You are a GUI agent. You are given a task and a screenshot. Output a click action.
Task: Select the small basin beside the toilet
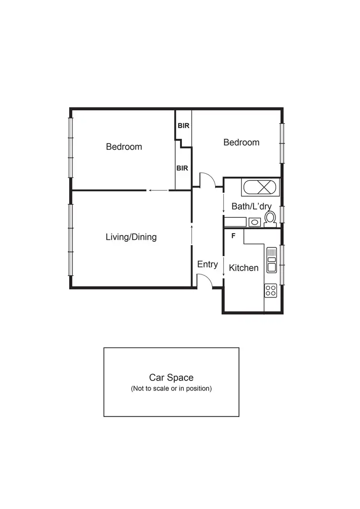[x=254, y=222]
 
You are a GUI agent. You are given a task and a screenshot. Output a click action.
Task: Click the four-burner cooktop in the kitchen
[x=271, y=290]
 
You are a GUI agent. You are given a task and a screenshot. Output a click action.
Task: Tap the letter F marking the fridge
[x=233, y=236]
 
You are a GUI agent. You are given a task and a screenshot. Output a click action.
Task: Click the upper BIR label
[x=183, y=126]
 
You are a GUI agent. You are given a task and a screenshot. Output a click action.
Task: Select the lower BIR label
[x=182, y=168]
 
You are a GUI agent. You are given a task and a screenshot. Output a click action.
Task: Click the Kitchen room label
[x=244, y=268]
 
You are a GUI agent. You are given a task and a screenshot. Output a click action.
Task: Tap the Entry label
[x=207, y=264]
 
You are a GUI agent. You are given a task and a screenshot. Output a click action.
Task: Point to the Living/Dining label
[x=131, y=237]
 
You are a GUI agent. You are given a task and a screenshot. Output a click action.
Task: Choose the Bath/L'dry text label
[x=252, y=207]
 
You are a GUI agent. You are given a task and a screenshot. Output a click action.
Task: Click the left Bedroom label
[x=124, y=147]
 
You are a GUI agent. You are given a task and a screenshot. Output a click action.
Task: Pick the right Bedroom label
[x=241, y=142]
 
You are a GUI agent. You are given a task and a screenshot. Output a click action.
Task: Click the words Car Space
[x=171, y=378]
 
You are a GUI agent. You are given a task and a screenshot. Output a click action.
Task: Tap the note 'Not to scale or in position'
[x=171, y=389]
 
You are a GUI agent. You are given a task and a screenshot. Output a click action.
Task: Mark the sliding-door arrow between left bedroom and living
[x=158, y=190]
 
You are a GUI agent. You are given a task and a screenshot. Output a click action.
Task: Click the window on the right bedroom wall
[x=282, y=143]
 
